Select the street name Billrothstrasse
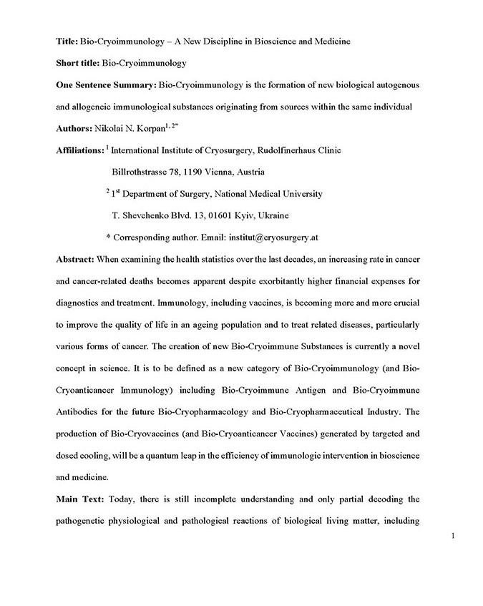(145, 172)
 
